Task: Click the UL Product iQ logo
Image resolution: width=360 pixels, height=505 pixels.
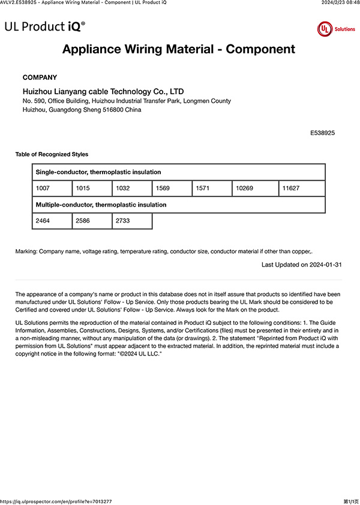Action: [x=44, y=26]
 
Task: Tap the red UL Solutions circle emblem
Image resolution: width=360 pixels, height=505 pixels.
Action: [x=325, y=29]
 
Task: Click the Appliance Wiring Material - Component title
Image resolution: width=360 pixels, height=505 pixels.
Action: [x=179, y=49]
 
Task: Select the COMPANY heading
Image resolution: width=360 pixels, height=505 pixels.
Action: [x=40, y=77]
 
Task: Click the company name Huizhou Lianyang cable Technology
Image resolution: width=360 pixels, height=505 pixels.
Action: [x=103, y=91]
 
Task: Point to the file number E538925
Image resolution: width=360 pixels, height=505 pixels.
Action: [x=322, y=132]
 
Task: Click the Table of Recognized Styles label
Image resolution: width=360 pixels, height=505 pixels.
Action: [x=52, y=154]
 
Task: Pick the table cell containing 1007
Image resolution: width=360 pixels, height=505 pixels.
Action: [x=52, y=189]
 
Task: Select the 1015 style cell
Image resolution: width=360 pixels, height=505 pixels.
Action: [x=92, y=189]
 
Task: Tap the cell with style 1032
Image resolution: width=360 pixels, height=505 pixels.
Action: [x=132, y=189]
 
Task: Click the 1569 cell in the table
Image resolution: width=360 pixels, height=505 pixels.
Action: [x=172, y=189]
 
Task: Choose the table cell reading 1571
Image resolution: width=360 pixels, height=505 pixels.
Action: [x=212, y=189]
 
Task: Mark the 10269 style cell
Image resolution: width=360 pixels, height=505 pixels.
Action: [x=255, y=189]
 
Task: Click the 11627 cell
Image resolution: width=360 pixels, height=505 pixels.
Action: [x=302, y=189]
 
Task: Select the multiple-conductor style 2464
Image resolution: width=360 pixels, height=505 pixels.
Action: [x=52, y=221]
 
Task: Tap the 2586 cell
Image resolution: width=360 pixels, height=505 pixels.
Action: [x=92, y=221]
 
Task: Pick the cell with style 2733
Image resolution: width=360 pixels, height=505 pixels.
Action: [x=132, y=221]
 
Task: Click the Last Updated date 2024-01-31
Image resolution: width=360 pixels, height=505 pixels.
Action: [x=302, y=264]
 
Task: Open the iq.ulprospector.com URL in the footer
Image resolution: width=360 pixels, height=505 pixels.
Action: [x=56, y=501]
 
